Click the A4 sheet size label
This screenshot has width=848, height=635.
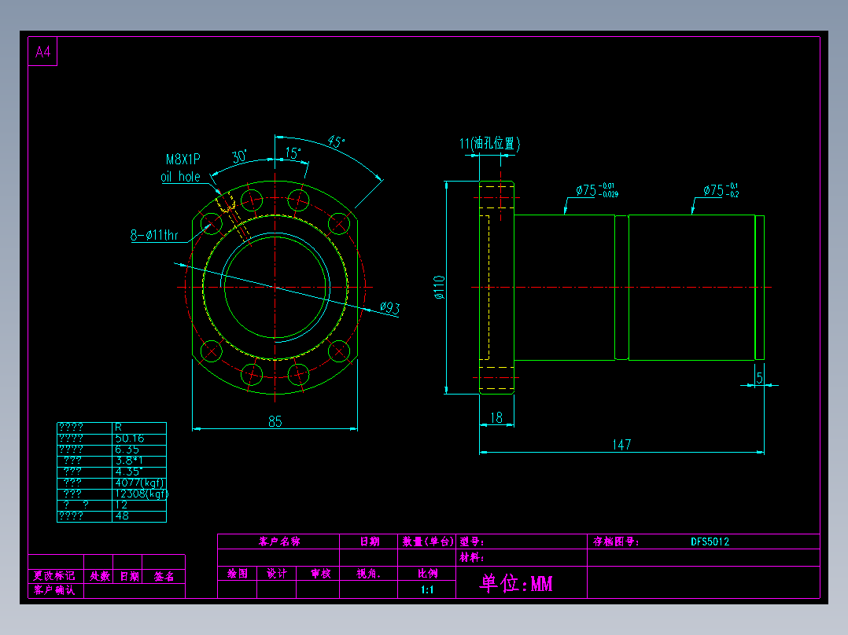coord(42,53)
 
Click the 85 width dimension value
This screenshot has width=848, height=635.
coord(275,422)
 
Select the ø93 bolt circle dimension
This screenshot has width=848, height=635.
coord(389,308)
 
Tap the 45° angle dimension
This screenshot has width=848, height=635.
coord(336,142)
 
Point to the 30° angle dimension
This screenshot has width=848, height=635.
coord(239,156)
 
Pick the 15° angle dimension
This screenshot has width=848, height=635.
coord(293,153)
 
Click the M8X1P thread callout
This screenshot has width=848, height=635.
coord(183,159)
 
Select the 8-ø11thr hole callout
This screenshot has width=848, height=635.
coord(154,234)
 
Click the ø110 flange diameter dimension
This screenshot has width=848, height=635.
coord(439,287)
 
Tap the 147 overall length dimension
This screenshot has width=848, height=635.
coord(621,445)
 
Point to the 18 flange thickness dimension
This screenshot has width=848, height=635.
coord(496,418)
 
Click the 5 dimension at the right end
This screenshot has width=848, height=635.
coord(759,378)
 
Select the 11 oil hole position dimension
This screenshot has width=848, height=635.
coord(489,144)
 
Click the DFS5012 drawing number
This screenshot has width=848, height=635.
coord(710,541)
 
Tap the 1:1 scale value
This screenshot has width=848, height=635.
coord(427,589)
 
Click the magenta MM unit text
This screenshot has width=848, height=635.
coord(541,583)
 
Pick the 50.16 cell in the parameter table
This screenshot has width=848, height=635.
coord(129,439)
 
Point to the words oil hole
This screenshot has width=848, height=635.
coord(180,177)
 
